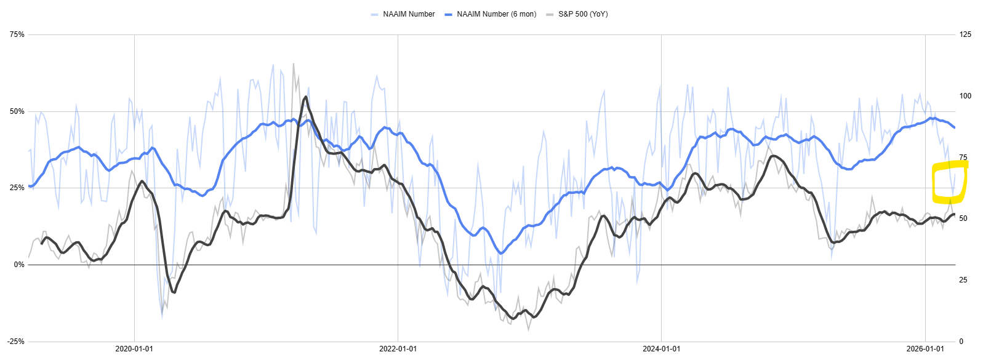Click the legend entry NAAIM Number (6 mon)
pyautogui.click(x=496, y=14)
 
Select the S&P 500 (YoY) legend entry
pyautogui.click(x=582, y=14)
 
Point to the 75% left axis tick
pyautogui.click(x=17, y=34)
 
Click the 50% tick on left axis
pyautogui.click(x=17, y=111)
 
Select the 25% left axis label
pyautogui.click(x=17, y=188)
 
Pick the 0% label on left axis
pyautogui.click(x=19, y=265)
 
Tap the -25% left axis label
pyautogui.click(x=17, y=342)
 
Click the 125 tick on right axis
pyautogui.click(x=965, y=34)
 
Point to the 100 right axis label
pyautogui.click(x=965, y=96)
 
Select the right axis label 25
pyautogui.click(x=963, y=280)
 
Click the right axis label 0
pyautogui.click(x=961, y=342)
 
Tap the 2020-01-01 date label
pyautogui.click(x=134, y=349)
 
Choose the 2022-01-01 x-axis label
pyautogui.click(x=398, y=349)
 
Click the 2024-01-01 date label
pyautogui.click(x=661, y=349)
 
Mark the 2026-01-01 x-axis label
pyautogui.click(x=925, y=349)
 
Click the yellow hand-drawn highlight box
pyautogui.click(x=950, y=182)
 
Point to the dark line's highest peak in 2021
pyautogui.click(x=305, y=97)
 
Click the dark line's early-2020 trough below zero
pyautogui.click(x=174, y=292)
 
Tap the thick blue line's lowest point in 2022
pyautogui.click(x=501, y=254)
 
